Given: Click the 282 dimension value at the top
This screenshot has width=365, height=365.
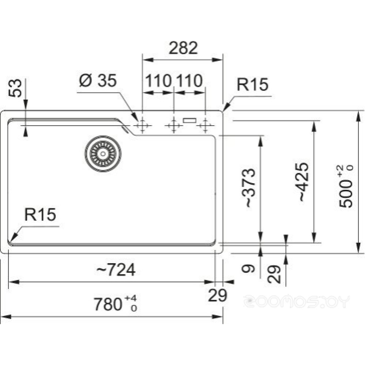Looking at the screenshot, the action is click(x=183, y=48).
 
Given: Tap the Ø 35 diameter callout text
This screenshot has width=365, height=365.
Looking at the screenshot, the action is click(x=98, y=81).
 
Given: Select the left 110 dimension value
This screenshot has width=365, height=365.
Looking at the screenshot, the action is click(x=158, y=81).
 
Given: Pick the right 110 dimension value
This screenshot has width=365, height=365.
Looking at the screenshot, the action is click(x=189, y=81).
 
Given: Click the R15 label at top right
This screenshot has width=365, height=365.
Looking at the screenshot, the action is click(x=253, y=84).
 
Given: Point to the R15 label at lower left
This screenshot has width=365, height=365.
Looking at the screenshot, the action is click(x=40, y=214).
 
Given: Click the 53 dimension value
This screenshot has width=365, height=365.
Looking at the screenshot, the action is click(x=15, y=88).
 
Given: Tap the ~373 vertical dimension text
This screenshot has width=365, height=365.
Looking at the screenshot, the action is click(x=249, y=188).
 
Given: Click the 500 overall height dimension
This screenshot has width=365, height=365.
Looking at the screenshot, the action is click(x=346, y=186).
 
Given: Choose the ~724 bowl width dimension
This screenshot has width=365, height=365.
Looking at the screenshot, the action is click(x=116, y=270).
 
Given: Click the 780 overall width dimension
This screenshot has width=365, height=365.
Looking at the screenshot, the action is click(x=115, y=304).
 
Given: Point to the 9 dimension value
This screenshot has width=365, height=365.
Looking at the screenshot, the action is click(x=248, y=269).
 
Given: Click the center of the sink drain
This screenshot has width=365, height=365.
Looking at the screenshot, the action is click(x=103, y=153).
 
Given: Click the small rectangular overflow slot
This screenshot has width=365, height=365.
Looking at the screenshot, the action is click(x=190, y=120).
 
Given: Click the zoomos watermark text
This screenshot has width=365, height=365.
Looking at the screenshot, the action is click(x=297, y=301).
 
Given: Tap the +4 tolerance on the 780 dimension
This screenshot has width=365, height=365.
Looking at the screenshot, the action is click(x=131, y=298).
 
